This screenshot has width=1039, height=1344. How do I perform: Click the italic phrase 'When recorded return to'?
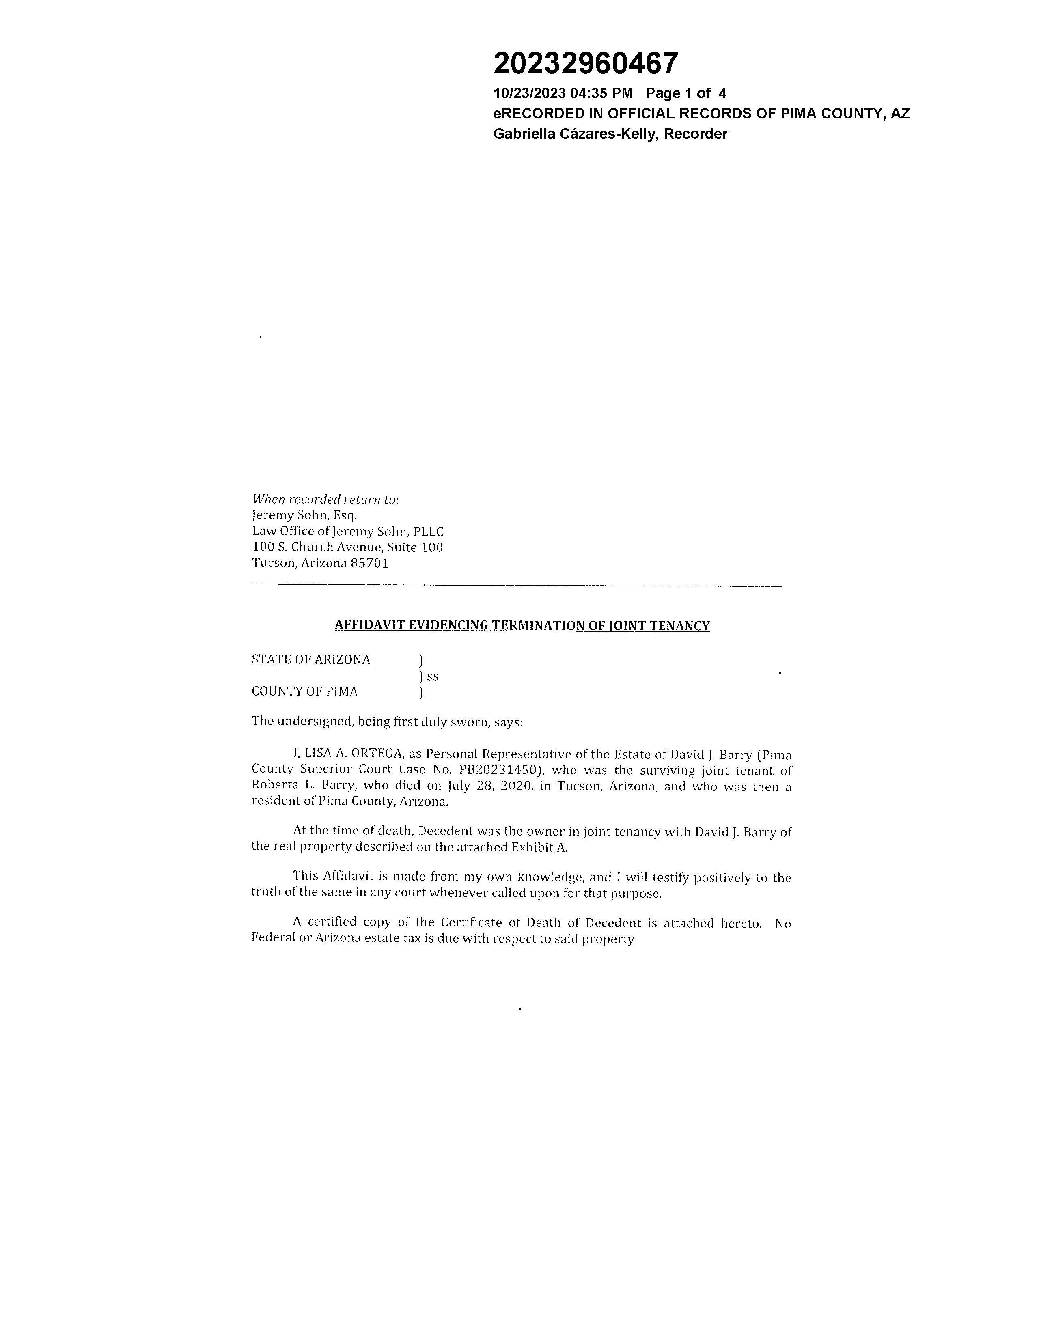pos(324,499)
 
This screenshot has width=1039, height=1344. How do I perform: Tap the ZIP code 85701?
pos(369,563)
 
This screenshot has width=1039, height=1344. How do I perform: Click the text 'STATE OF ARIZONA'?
pos(311,660)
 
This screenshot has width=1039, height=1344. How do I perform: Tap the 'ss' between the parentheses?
pos(433,676)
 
